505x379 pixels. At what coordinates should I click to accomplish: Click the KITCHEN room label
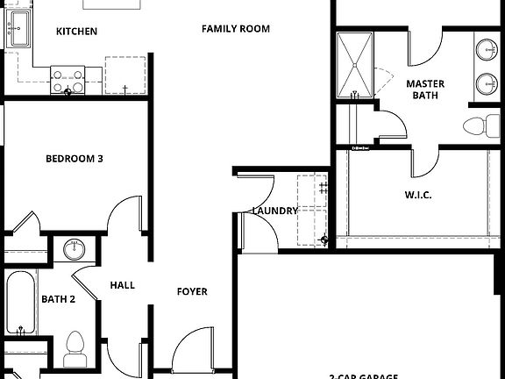pyautogui.click(x=76, y=32)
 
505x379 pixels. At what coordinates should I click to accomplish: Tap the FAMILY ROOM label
pyautogui.click(x=235, y=29)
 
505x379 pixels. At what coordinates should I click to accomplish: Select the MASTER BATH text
pyautogui.click(x=425, y=90)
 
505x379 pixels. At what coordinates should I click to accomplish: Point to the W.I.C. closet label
pyautogui.click(x=417, y=195)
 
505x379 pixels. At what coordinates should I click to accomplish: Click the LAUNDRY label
pyautogui.click(x=274, y=211)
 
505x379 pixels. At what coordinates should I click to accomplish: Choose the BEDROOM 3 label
pyautogui.click(x=75, y=159)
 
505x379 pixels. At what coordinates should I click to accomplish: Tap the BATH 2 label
pyautogui.click(x=58, y=299)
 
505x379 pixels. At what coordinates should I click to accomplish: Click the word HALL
pyautogui.click(x=122, y=285)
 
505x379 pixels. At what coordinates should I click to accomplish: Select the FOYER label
pyautogui.click(x=192, y=291)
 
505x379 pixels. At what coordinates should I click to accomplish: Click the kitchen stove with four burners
pyautogui.click(x=68, y=81)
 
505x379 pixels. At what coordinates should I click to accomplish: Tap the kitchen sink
pyautogui.click(x=17, y=35)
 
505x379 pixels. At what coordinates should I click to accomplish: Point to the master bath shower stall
pyautogui.click(x=354, y=62)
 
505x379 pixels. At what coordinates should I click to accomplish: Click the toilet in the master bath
pyautogui.click(x=477, y=125)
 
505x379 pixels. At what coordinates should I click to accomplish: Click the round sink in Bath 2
pyautogui.click(x=74, y=250)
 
